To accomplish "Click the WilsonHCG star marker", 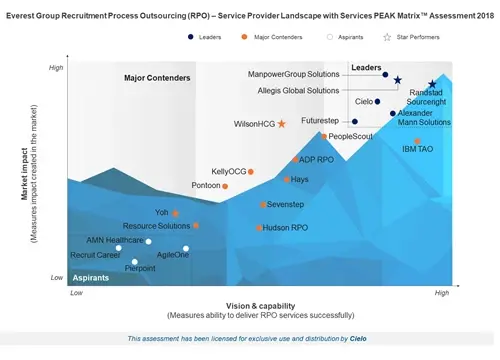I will tap(281, 124).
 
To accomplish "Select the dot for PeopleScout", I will tap(324, 136).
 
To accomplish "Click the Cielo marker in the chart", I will tap(378, 101).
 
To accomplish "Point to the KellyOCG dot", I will tap(250, 172).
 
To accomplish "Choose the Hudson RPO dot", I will tap(259, 228).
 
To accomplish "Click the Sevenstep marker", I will tap(263, 205).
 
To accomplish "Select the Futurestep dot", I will tap(354, 122).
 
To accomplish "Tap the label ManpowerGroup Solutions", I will tap(294, 74).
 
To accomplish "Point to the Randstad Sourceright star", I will tap(432, 85).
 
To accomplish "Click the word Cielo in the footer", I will tap(358, 339).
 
